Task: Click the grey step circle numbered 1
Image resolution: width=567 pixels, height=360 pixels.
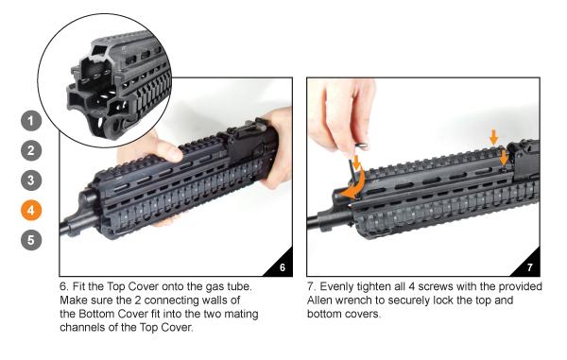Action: coord(31,121)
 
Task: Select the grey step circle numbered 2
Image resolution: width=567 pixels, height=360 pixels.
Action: coord(31,150)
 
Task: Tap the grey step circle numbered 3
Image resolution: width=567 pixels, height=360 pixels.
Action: coord(31,180)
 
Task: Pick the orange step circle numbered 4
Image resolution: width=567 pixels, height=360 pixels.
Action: coord(31,210)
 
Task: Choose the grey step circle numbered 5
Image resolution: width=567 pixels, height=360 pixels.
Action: coord(31,240)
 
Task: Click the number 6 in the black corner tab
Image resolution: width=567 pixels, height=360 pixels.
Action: coord(282,267)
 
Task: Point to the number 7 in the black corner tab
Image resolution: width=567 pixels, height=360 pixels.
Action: coord(530,267)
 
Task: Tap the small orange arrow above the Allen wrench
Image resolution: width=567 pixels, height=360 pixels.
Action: coord(356,163)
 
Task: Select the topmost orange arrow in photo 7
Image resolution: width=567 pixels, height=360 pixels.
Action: coord(494,137)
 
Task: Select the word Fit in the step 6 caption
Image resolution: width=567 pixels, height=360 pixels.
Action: coord(78,286)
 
